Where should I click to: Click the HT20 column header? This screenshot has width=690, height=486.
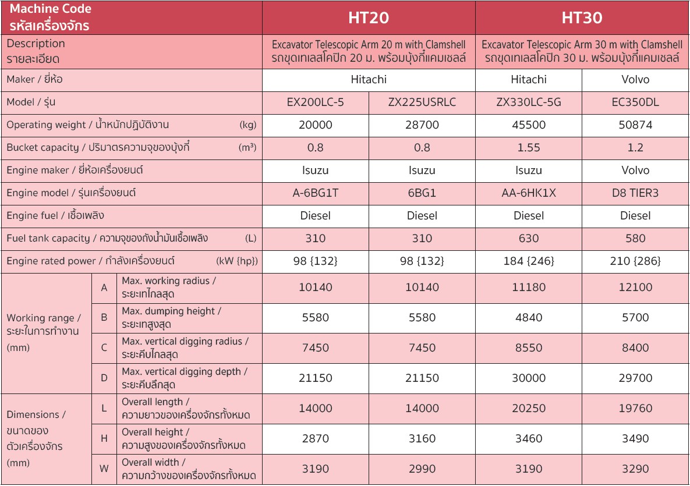click(x=369, y=18)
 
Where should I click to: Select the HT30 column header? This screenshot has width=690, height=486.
click(x=582, y=18)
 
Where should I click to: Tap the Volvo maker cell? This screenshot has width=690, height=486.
click(x=635, y=80)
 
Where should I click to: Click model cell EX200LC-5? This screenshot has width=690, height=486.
click(x=316, y=102)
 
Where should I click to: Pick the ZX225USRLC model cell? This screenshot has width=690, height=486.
click(x=422, y=102)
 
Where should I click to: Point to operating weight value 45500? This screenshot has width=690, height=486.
click(x=529, y=125)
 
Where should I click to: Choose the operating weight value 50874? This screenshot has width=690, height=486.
click(x=635, y=125)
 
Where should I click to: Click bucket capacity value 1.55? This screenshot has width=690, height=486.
click(x=529, y=148)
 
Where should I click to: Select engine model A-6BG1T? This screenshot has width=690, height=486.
click(x=316, y=193)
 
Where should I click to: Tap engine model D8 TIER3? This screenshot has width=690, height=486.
click(x=635, y=193)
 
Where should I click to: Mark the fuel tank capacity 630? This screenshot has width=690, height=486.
click(x=529, y=239)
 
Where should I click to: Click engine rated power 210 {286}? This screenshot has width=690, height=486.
click(x=635, y=261)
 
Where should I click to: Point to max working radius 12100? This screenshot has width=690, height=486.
click(x=635, y=288)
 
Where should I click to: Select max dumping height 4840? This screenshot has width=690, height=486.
click(x=529, y=318)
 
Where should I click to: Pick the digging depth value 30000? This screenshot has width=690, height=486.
click(x=529, y=378)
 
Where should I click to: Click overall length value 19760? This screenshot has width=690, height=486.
click(x=635, y=409)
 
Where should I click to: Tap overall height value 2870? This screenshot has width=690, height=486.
click(x=316, y=439)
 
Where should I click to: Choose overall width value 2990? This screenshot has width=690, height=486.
click(x=422, y=469)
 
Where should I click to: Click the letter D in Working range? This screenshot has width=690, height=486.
click(x=104, y=378)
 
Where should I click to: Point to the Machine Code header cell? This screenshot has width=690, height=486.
click(x=131, y=18)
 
